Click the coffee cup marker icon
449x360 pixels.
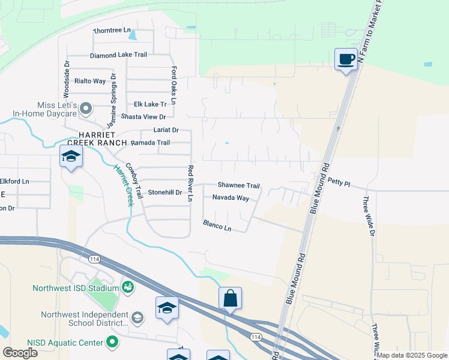pyautogui.click(x=345, y=59)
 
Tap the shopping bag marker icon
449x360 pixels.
pyautogui.click(x=231, y=298)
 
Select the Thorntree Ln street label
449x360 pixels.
pyautogui.click(x=112, y=30)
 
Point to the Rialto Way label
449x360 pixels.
pyautogui.click(x=89, y=81)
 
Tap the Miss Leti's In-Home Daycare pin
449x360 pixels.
pyautogui.click(x=86, y=109)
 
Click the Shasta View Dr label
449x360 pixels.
pyautogui.click(x=143, y=116)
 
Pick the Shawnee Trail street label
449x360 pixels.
pyautogui.click(x=238, y=186)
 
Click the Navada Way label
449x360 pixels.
pyautogui.click(x=231, y=197)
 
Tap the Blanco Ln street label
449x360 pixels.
pyautogui.click(x=217, y=225)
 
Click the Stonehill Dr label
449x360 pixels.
pyautogui.click(x=164, y=193)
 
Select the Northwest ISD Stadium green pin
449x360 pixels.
pyautogui.click(x=127, y=287)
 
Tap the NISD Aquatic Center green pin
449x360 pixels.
pyautogui.click(x=112, y=343)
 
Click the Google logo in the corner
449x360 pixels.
pyautogui.click(x=20, y=352)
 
